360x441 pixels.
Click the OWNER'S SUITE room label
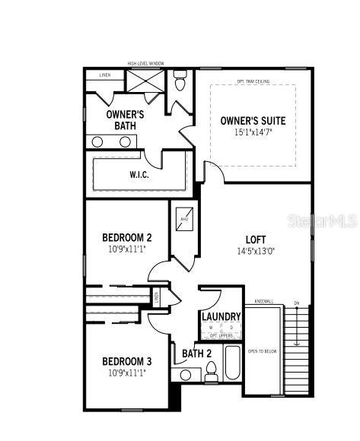[253, 121]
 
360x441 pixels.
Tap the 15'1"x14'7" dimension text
[253, 132]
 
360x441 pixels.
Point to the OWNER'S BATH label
[125, 119]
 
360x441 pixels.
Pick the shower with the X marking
[144, 81]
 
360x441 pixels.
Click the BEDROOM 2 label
[127, 237]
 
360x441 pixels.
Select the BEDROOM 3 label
[127, 361]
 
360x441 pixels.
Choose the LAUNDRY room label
[221, 316]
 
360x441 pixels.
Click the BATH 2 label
[196, 353]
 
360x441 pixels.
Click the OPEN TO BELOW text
[262, 351]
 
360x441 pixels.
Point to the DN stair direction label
[297, 305]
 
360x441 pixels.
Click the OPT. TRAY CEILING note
[253, 80]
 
